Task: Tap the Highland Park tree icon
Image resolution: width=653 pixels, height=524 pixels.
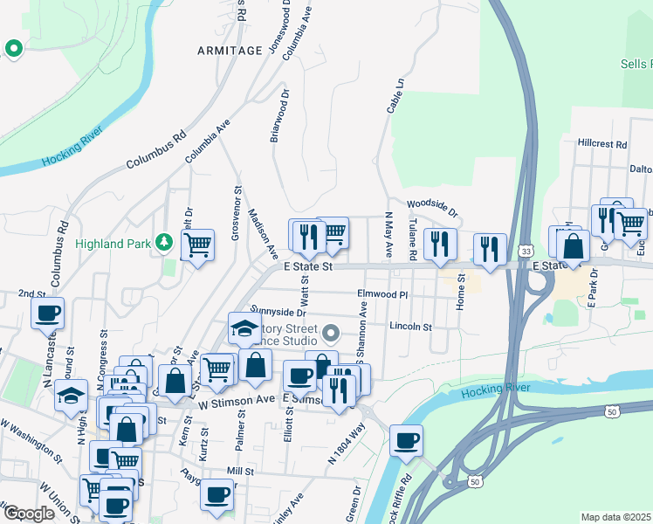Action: click(162, 242)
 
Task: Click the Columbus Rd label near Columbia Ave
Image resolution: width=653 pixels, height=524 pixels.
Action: click(156, 150)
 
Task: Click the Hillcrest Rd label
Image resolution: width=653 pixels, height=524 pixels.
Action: click(602, 143)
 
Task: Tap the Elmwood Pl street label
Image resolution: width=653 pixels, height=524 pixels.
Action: click(382, 295)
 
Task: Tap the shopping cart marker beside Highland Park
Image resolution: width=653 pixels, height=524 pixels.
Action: click(198, 245)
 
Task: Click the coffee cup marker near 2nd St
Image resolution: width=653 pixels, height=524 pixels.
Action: click(48, 313)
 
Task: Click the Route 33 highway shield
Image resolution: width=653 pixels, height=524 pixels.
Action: click(526, 251)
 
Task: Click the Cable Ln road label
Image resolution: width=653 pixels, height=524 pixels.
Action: click(395, 96)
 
